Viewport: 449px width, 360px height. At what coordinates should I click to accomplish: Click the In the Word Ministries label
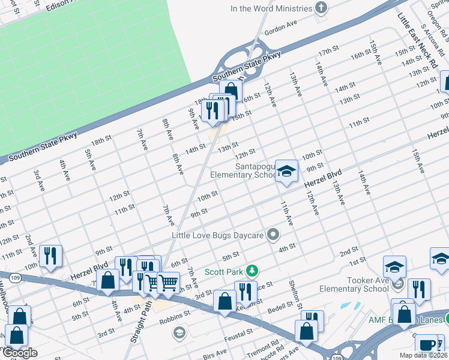[271, 8]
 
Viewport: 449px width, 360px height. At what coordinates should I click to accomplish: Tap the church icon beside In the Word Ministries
[322, 8]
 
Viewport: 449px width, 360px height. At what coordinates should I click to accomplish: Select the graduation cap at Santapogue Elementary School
[286, 172]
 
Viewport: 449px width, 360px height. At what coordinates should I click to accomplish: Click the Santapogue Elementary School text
[243, 170]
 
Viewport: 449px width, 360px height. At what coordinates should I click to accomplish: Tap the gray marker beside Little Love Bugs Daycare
[274, 235]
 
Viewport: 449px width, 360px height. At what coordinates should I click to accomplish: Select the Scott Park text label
[224, 272]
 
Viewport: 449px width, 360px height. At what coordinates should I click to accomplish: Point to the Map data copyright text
[423, 355]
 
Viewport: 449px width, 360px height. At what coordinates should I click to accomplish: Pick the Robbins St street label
[174, 319]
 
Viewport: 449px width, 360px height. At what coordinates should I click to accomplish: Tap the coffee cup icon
[427, 345]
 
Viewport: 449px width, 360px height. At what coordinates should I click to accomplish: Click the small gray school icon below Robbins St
[178, 332]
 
